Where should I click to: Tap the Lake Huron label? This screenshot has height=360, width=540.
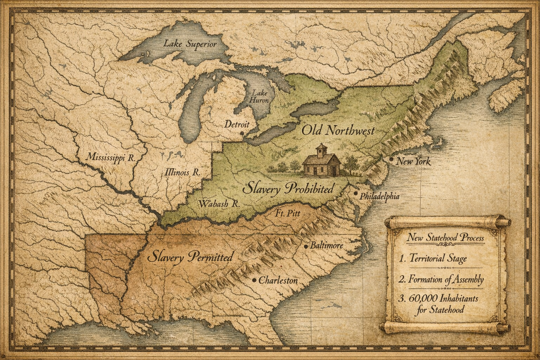(259, 96)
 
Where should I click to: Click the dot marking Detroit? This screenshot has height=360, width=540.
(242, 133)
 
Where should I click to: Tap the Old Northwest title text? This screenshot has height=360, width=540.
(338, 131)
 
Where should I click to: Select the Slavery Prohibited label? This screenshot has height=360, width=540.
(288, 189)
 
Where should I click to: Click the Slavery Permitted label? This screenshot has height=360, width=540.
(190, 257)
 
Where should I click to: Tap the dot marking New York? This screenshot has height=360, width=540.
(391, 159)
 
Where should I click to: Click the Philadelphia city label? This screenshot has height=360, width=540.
(380, 196)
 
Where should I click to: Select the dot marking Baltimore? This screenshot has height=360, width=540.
(307, 245)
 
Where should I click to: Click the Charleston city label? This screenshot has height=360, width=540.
(278, 281)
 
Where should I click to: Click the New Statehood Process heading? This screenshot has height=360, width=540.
(445, 238)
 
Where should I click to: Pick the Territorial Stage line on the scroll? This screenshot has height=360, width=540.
(433, 259)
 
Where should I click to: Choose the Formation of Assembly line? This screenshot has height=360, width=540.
(442, 280)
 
